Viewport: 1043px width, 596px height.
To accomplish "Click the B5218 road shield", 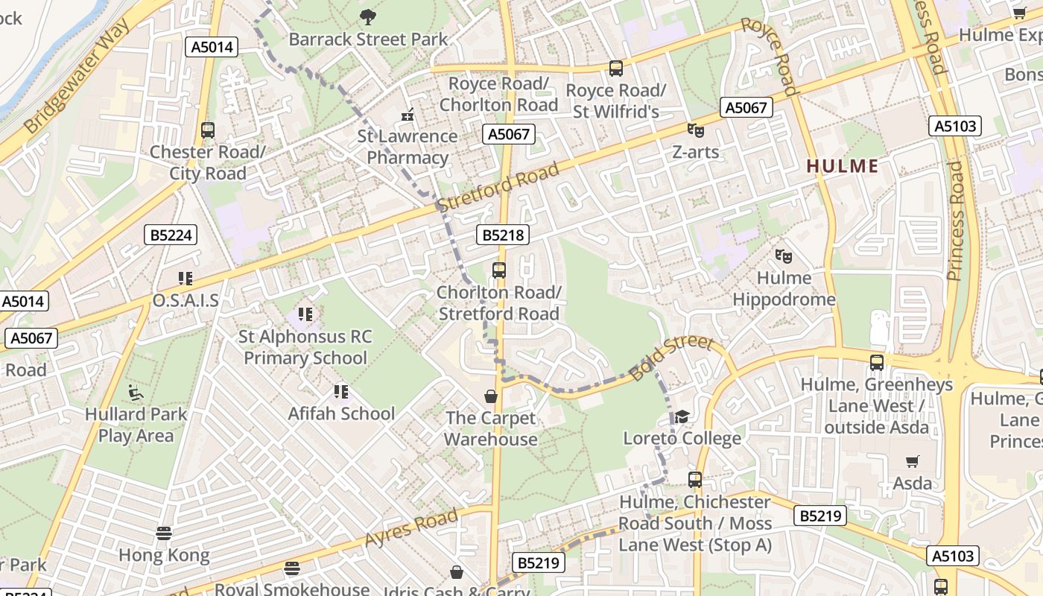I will point(503,235).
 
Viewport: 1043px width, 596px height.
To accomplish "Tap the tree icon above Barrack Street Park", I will point(367,16).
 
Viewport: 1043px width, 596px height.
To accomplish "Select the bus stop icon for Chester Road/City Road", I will point(208,130).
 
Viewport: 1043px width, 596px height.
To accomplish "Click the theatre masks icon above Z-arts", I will point(695,130).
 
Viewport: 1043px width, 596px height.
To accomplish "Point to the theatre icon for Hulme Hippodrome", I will point(782,256).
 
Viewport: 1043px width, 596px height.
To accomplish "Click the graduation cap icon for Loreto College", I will point(682,417).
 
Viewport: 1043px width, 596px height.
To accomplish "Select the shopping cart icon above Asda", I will point(913,462).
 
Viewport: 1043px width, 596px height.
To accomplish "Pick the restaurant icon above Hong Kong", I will point(164,533).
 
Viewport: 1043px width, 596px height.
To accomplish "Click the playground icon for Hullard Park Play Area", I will point(136,392).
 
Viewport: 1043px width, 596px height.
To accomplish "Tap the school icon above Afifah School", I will point(341,391).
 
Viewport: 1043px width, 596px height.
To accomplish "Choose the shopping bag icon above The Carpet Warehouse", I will point(491,396).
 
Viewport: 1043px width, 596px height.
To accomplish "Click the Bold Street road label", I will point(671,358).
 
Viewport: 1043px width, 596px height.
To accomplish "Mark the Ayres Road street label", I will point(411,529).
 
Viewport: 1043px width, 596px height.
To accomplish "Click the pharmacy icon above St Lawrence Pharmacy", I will point(407,115).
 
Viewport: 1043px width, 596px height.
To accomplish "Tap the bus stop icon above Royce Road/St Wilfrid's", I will point(615,69).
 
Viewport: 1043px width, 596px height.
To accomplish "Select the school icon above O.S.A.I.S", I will point(186,279).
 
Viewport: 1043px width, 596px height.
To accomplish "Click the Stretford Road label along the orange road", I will point(498,188).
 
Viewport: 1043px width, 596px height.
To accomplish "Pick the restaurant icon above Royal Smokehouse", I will point(292,568).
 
